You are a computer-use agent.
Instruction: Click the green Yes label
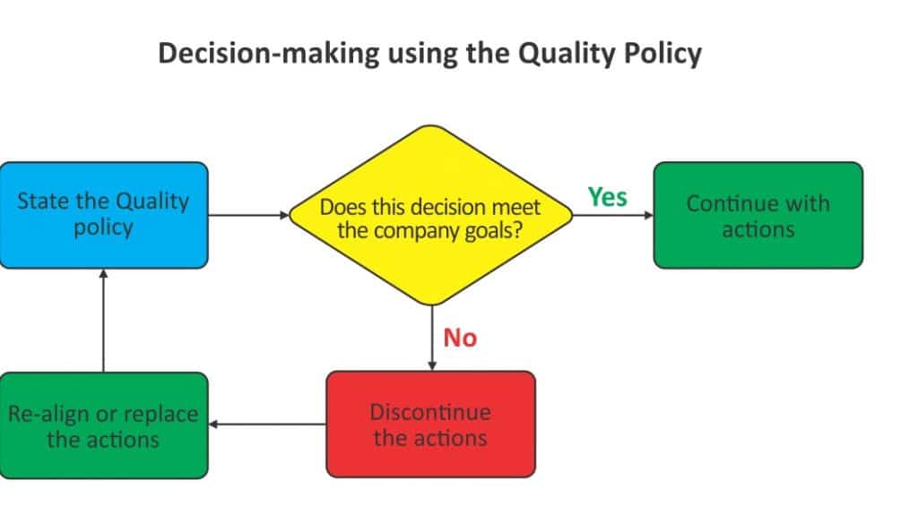(x=607, y=197)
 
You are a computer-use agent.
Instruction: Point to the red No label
(x=460, y=339)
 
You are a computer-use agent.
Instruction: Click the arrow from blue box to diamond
(x=249, y=215)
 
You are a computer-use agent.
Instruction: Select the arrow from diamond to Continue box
(x=613, y=215)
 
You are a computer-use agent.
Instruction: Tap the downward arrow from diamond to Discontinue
(x=432, y=339)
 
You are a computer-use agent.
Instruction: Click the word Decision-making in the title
(x=269, y=55)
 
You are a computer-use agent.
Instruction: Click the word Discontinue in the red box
(x=430, y=413)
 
